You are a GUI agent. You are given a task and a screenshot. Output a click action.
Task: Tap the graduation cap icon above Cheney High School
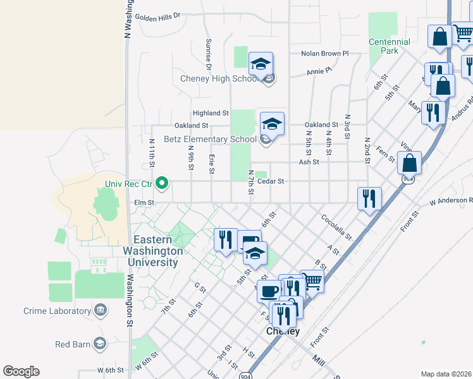click(261, 64)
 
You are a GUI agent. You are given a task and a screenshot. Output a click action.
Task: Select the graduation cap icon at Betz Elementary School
click(272, 123)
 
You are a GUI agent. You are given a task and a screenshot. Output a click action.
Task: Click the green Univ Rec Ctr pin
click(162, 184)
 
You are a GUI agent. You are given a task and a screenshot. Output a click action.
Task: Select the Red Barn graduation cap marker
click(99, 344)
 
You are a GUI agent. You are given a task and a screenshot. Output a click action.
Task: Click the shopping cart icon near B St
click(312, 280)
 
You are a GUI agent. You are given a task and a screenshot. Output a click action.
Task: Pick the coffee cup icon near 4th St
click(269, 292)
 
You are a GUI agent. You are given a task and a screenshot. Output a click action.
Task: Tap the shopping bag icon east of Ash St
click(410, 162)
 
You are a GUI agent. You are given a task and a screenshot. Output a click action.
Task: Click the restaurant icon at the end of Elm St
click(369, 198)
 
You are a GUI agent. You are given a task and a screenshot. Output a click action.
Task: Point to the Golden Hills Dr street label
click(157, 16)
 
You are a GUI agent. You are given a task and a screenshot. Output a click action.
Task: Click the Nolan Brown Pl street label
click(325, 54)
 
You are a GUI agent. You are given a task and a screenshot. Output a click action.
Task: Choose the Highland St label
click(211, 113)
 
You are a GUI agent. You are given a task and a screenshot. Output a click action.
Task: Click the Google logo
click(21, 371)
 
